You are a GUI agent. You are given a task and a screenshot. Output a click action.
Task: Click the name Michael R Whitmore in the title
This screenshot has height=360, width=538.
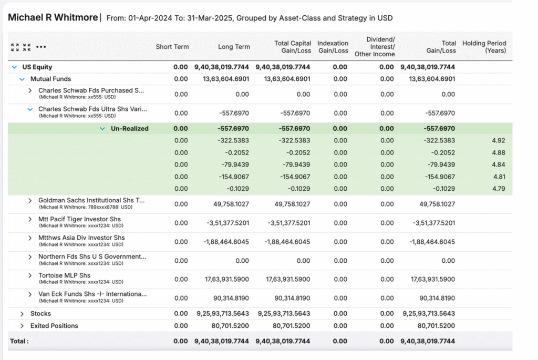point(53,17)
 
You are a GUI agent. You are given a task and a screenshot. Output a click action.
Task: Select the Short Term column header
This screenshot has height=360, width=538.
point(172,47)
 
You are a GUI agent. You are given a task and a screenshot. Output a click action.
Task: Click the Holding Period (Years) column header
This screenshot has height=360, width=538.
point(484,47)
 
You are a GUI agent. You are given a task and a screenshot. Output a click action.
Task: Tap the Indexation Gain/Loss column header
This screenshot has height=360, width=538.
point(333,47)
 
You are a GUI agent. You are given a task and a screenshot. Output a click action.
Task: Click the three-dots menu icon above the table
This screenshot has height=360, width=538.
point(41,47)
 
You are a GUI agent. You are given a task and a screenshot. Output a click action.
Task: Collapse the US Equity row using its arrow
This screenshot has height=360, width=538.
point(14,67)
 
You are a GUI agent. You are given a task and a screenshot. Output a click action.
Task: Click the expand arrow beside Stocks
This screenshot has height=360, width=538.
point(22,314)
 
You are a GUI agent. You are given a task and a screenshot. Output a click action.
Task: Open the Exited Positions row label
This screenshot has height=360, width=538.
point(54,326)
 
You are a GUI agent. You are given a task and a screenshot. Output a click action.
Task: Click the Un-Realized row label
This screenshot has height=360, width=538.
point(129,129)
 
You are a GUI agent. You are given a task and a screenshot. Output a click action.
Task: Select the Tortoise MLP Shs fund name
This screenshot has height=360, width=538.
point(64,275)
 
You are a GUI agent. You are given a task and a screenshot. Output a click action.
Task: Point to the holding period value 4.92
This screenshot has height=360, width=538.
point(498,141)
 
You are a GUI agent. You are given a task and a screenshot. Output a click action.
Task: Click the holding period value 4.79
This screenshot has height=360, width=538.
point(498,189)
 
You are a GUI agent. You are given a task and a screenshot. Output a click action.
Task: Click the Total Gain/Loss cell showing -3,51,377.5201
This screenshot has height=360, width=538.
point(432,223)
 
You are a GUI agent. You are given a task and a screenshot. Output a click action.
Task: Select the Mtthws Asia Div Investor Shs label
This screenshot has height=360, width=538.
point(81,238)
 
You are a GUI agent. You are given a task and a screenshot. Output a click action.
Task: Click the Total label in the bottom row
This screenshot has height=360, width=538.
point(19,341)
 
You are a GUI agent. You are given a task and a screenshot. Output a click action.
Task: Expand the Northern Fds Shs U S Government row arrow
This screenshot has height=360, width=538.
point(30,257)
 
